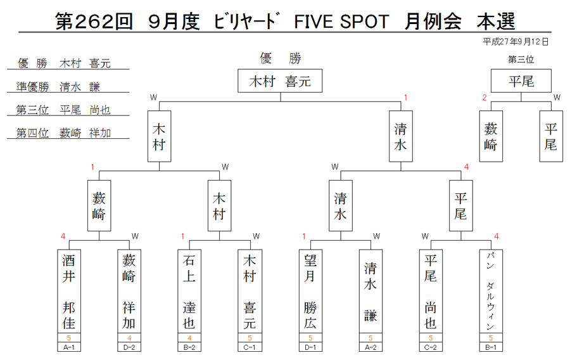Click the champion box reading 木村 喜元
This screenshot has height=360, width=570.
pos(280,80)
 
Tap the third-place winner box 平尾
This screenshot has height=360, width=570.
pos(521,80)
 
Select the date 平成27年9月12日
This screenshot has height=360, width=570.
pos(516,42)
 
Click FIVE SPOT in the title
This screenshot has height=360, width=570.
pos(341,22)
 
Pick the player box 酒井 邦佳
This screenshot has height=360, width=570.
pos(69,291)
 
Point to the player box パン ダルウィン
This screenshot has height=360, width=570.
pos(491,291)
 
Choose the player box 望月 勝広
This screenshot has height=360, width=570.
pos(310,291)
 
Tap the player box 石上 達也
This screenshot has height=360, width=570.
pos(189,291)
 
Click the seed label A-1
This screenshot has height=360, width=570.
pos(69,347)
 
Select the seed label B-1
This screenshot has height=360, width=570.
pos(491,347)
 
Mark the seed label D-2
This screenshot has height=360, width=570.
pos(129,347)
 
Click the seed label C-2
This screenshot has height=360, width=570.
pos(431,347)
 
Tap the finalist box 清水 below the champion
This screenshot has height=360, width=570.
pos(401,136)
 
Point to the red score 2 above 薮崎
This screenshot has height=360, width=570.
pos(484,98)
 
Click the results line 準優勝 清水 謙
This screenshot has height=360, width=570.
pos(58,87)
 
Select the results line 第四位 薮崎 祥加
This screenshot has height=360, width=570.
pos(63,132)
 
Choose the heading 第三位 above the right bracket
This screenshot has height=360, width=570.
pos(521,60)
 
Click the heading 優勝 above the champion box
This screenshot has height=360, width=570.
pos(281,58)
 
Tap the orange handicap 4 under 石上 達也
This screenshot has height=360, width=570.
pos(189,338)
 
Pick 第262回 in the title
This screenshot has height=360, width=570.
pos(94,22)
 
